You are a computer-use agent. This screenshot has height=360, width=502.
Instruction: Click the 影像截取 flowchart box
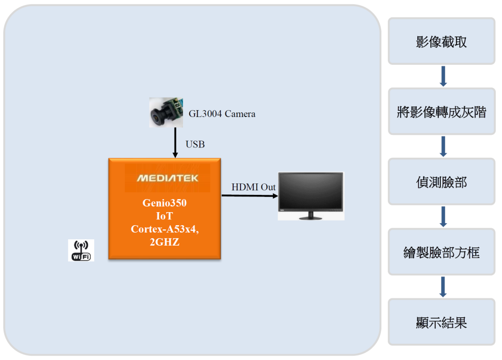(x=441, y=41)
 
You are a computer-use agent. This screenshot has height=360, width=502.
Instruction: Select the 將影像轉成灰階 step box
(x=441, y=111)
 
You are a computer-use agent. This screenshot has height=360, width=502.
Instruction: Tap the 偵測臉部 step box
(x=441, y=181)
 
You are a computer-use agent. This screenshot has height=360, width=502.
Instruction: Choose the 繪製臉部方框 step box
(x=441, y=252)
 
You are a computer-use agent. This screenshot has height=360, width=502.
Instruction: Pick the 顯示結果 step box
(x=441, y=322)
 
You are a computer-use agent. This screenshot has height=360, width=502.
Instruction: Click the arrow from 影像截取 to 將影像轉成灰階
(x=443, y=76)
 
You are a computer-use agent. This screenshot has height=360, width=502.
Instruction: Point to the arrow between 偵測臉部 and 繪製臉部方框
(x=443, y=217)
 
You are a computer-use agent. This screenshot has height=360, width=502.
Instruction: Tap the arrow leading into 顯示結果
(x=443, y=287)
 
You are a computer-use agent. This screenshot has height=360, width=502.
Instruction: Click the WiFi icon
(x=81, y=250)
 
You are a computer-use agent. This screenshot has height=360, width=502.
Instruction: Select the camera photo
(x=166, y=113)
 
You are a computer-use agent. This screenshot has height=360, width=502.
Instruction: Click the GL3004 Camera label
(x=222, y=114)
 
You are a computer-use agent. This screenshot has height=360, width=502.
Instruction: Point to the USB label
(x=195, y=144)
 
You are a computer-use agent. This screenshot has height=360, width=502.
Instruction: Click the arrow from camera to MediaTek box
(x=175, y=143)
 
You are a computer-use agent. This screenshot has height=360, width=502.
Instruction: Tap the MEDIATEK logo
(x=167, y=178)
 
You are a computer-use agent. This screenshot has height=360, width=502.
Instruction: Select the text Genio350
(x=165, y=203)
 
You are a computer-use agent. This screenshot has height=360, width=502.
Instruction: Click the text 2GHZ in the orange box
(x=165, y=242)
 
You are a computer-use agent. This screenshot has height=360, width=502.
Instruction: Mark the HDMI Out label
(x=253, y=187)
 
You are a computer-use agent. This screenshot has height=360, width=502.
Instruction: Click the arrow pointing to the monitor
(x=250, y=195)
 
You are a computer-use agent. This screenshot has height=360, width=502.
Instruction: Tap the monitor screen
(x=311, y=191)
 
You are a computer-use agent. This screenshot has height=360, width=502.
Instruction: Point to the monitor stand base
(x=310, y=218)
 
